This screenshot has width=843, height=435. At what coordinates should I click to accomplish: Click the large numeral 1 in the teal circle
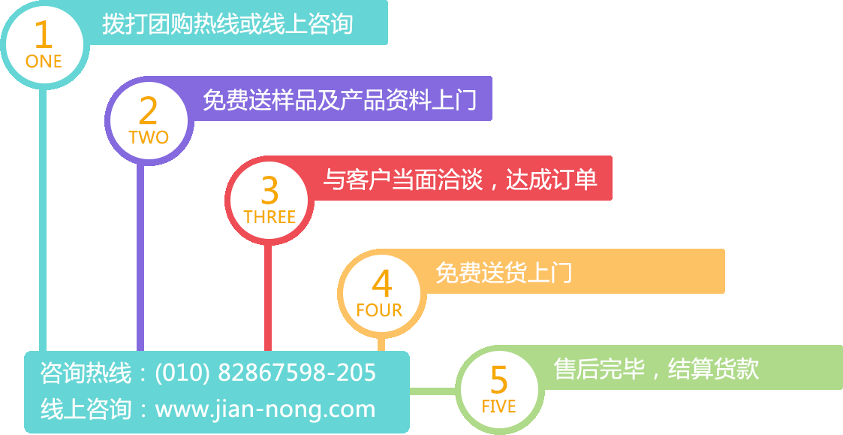44,35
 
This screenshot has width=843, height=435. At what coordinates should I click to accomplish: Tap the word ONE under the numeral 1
44,62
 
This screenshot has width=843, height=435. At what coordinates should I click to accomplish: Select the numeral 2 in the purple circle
149,111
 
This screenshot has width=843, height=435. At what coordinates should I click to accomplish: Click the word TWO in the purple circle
149,137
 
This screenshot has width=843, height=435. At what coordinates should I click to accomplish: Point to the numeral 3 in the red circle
269,192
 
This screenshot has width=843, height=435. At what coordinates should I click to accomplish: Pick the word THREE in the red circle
269,217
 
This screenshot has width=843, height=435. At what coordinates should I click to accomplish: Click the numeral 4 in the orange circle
382,285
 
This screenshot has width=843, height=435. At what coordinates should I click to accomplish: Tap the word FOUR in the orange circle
379,310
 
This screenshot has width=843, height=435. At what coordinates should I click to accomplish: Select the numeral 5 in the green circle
499,380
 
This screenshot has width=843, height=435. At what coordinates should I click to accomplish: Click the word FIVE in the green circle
499,406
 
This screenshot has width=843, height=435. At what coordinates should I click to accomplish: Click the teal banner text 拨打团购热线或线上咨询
227,24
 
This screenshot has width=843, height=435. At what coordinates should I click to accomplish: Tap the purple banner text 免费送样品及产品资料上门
339,100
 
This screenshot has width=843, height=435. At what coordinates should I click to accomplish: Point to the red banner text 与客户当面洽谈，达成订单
460,180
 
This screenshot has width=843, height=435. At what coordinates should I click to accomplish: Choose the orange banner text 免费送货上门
504,272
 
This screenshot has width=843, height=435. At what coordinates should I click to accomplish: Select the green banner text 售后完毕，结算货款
656,369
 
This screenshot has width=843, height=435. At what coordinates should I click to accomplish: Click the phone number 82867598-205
297,373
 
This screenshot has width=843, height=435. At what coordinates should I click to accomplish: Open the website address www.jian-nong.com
265,409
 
